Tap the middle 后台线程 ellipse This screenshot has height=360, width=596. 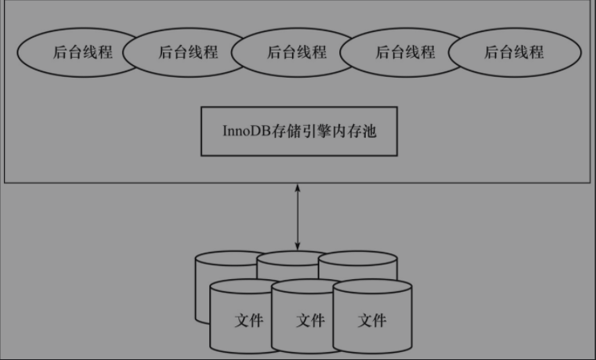[x=297, y=53]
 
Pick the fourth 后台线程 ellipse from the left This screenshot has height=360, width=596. [x=405, y=53]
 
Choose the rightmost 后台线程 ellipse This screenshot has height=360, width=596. [x=514, y=53]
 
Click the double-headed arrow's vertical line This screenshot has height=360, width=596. [x=298, y=216]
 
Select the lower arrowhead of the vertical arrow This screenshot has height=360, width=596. [x=298, y=245]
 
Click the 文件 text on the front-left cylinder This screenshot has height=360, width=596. [x=249, y=321]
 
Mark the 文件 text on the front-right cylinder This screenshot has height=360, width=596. [x=372, y=321]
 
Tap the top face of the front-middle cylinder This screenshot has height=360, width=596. [x=310, y=288]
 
